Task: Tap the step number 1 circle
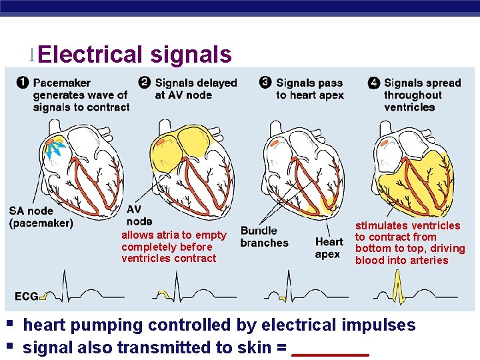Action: (23, 83)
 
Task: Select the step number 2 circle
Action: (145, 83)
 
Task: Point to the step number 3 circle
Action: (265, 83)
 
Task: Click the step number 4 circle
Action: (374, 83)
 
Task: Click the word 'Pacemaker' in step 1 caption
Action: (61, 83)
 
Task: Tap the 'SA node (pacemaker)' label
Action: (41, 217)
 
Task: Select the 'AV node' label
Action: (139, 215)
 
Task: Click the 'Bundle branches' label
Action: (264, 237)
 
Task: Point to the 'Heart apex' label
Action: (329, 247)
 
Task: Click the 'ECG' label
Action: (26, 296)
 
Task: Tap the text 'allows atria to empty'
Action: (173, 235)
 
